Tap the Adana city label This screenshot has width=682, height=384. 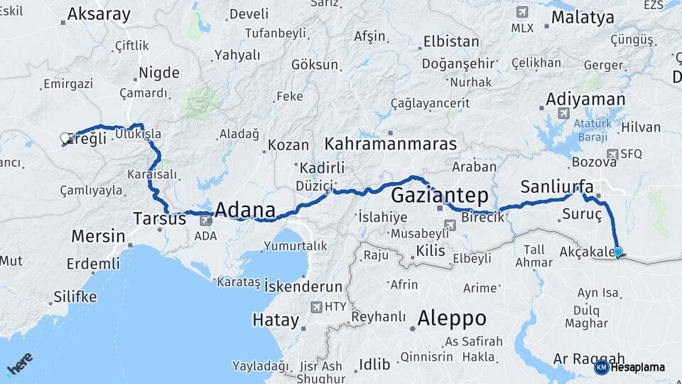(x=244, y=210)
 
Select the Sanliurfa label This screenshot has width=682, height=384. (x=556, y=186)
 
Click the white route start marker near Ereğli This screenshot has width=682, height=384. (x=65, y=138)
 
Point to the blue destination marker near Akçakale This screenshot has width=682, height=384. (x=617, y=252)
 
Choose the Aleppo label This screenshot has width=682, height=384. (x=452, y=317)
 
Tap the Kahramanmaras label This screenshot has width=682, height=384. (x=390, y=144)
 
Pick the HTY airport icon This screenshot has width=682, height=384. (x=316, y=307)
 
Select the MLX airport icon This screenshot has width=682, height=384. (x=523, y=13)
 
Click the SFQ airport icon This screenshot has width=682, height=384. (x=612, y=154)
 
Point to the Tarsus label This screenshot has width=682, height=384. (x=160, y=218)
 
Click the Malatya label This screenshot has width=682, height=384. (x=582, y=18)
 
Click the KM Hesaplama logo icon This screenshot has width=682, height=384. (x=601, y=367)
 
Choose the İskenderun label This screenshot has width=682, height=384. (x=303, y=287)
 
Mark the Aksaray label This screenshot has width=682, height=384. (x=99, y=14)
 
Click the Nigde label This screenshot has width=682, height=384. (x=158, y=72)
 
